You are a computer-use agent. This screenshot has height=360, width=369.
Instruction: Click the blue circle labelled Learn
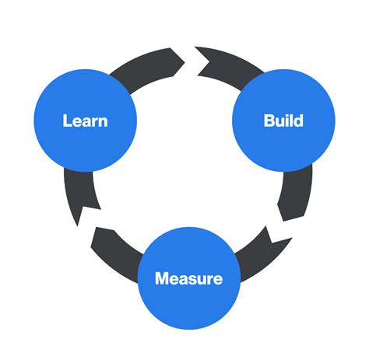tap(85, 121)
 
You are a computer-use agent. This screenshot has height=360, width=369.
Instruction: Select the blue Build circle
tap(283, 121)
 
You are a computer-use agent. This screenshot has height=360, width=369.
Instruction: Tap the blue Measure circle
tap(188, 278)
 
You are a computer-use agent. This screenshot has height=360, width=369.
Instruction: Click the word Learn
tap(85, 121)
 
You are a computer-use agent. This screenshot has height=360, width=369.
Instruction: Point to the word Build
tap(283, 121)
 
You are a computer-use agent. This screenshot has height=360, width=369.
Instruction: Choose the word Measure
tap(188, 278)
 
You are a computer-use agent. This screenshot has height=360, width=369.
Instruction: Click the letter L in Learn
tap(67, 121)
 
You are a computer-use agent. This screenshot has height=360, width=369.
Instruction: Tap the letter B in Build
tap(269, 121)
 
